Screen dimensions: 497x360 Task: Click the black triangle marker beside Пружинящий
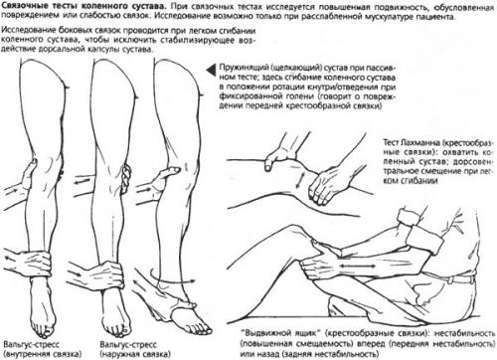tap(210, 70)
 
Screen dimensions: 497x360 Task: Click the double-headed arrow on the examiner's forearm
tap(357, 266)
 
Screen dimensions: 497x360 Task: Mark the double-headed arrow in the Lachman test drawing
tap(302, 180)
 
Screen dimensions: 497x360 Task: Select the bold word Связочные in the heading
tap(23, 6)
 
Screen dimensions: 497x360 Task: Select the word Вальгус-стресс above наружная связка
tap(128, 344)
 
